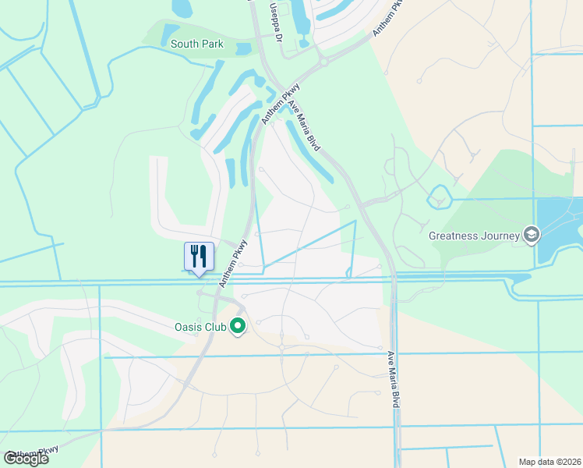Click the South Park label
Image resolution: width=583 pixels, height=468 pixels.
pos(197,44)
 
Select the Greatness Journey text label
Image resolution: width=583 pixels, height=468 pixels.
pos(474,235)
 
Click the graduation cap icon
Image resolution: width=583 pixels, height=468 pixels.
pos(532,235)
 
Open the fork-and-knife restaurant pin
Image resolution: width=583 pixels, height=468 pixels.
pos(199,257)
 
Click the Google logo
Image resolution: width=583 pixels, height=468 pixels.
pos(26,459)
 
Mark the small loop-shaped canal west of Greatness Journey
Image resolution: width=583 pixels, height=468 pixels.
pos(439,197)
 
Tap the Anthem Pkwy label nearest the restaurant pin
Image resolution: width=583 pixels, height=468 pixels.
pos(233,263)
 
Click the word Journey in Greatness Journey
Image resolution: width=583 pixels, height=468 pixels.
pos(500,235)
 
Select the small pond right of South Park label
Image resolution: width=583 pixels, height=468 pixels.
pos(243,48)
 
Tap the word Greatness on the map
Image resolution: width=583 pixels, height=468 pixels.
pos(453,235)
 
